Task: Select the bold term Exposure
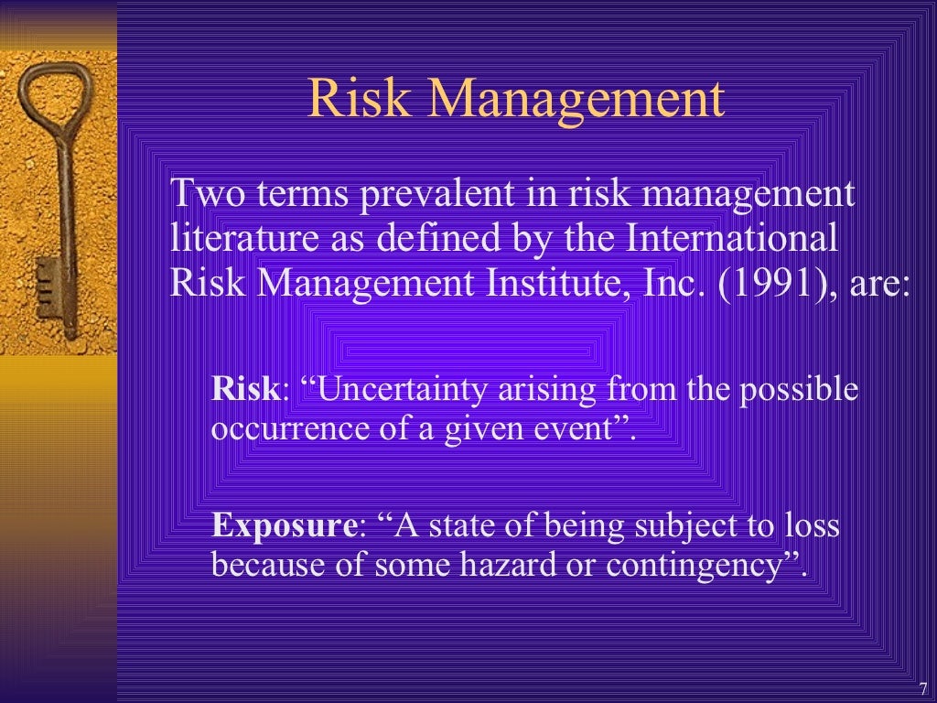point(284,526)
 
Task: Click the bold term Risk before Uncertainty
point(244,390)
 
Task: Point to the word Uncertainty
point(403,391)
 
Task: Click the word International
point(732,239)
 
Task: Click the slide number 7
point(922,687)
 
